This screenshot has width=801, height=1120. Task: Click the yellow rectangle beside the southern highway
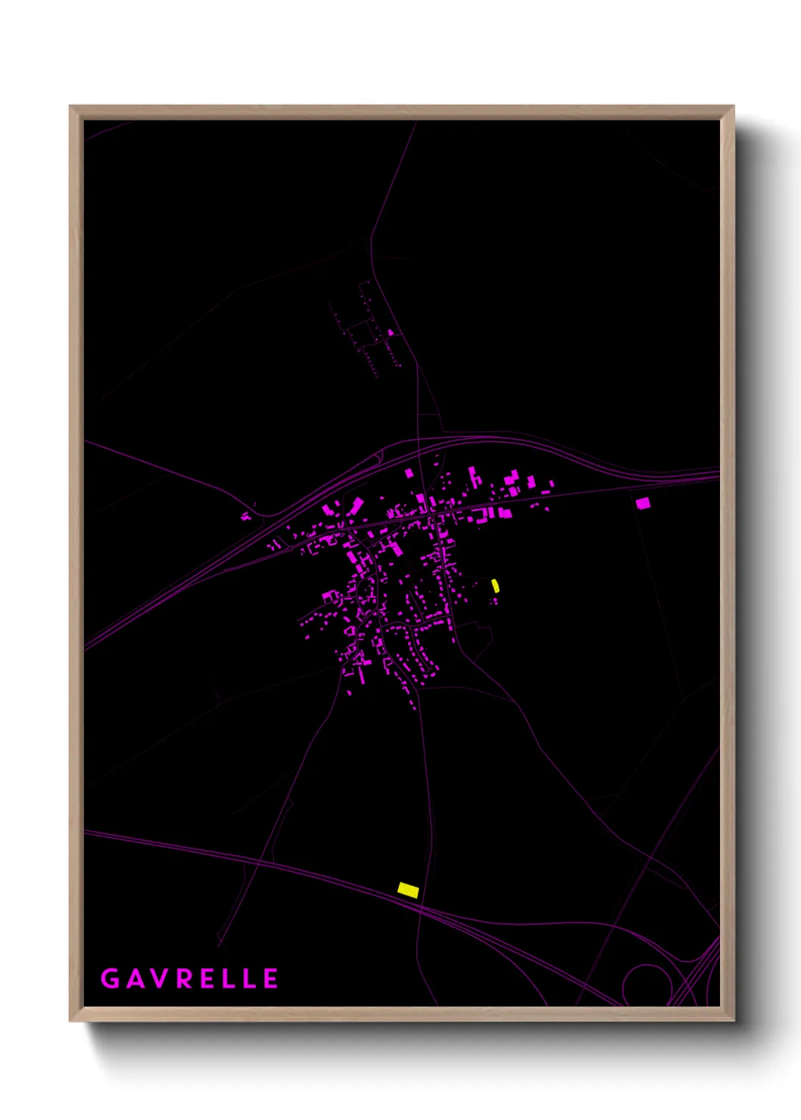tap(408, 890)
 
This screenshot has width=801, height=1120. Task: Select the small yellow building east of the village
tap(495, 585)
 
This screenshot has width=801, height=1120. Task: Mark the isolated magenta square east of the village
tap(643, 502)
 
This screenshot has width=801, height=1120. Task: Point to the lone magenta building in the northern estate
tap(391, 332)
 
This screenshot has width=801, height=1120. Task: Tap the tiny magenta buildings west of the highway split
tap(245, 517)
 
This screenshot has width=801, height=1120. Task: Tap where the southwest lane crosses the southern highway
tap(257, 860)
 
